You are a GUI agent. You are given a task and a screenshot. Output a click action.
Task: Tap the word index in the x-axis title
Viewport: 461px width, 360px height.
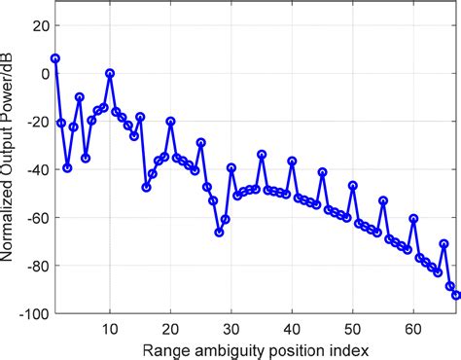tap(352, 348)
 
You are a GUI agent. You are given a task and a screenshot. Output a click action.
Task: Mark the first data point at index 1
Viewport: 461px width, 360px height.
tap(55, 58)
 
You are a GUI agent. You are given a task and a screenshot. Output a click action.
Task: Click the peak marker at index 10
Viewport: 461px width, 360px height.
tap(110, 73)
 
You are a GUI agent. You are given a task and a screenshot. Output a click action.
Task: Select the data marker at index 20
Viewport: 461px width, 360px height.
tap(171, 122)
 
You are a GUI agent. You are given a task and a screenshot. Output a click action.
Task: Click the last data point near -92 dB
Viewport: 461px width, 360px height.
tap(456, 295)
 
